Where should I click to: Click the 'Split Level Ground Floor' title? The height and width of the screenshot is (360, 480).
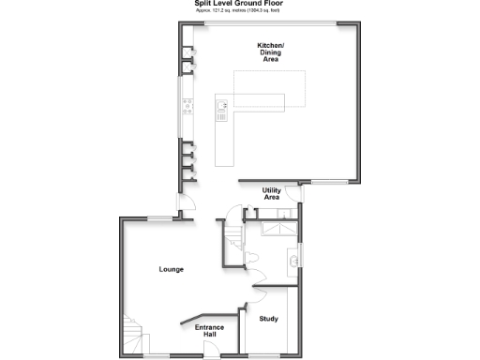coord(240,4)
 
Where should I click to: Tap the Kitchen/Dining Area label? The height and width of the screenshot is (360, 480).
coord(272,52)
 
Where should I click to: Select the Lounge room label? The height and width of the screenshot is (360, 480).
coord(171,270)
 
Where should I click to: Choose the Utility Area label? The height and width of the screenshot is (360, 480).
coord(272,194)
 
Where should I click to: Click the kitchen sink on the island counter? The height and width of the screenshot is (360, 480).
coord(223,112)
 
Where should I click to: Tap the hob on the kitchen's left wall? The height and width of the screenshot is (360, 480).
coord(188,105)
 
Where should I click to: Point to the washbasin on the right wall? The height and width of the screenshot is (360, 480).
coord(294,260)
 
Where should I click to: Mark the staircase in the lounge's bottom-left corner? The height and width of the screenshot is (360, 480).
coord(130,337)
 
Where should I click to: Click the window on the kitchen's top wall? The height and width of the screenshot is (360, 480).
coord(272,22)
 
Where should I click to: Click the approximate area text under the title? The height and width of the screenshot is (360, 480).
coord(240,11)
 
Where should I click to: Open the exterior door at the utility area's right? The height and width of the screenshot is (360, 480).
coord(300,195)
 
